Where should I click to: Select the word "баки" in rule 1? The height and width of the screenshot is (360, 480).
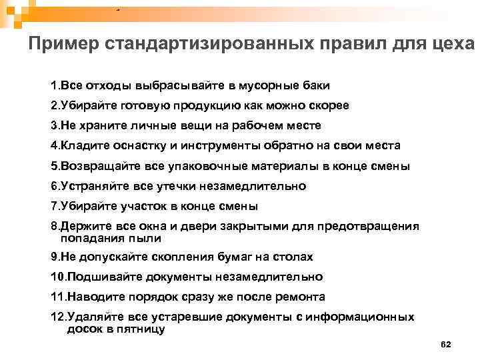(x=314, y=86)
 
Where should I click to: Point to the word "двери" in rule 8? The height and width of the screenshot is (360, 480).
(x=232, y=227)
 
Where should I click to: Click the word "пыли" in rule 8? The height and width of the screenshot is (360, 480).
(x=147, y=237)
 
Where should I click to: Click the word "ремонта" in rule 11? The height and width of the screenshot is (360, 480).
(x=301, y=297)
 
